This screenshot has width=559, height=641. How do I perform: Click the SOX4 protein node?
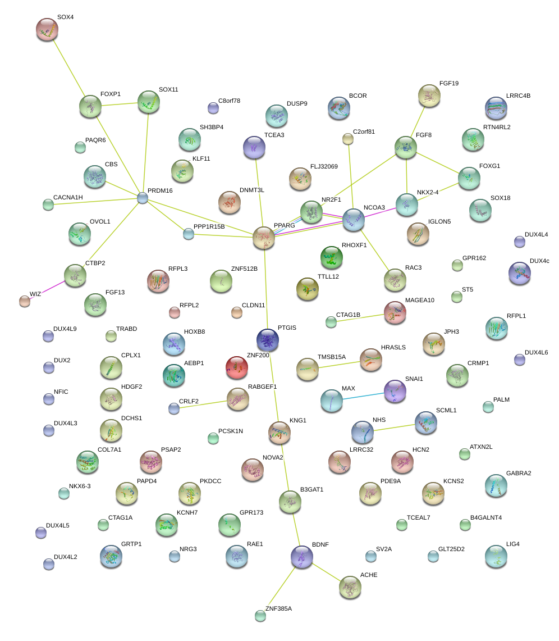point(47,29)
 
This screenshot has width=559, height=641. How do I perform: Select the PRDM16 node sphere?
point(143,197)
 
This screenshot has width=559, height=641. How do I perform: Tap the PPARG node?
point(263,238)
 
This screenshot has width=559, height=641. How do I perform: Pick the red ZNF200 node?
point(236,367)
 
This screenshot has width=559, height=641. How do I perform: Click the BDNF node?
point(302,556)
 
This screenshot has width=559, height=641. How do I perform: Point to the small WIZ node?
point(24,301)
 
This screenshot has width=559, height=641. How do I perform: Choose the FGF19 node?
point(429,96)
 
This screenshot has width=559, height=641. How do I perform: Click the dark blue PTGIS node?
point(267,339)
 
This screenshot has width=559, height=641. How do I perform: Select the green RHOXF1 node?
point(331,257)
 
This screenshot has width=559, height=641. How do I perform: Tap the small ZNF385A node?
point(260,616)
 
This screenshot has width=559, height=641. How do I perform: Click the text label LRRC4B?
point(518,96)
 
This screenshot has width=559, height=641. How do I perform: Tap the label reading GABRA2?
point(519,473)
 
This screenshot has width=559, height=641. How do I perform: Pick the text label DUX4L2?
point(66,557)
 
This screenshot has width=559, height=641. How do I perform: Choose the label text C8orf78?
point(229,101)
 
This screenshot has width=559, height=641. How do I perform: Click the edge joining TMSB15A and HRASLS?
point(339,363)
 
